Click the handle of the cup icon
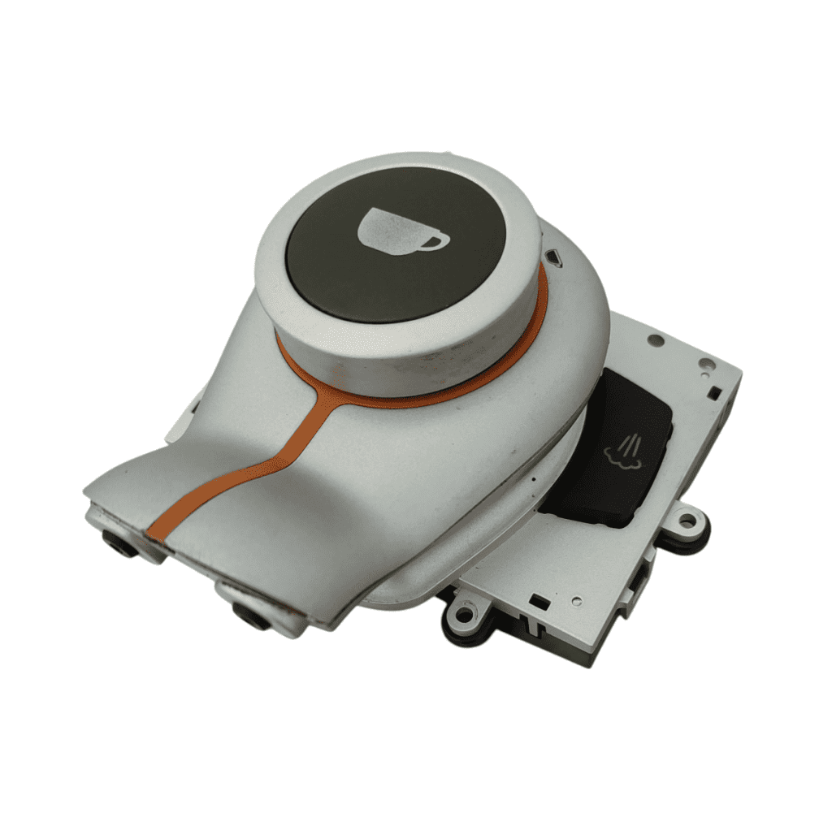pyautogui.click(x=436, y=239)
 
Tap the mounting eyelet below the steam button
pyautogui.click(x=689, y=519)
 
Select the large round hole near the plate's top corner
pyautogui.click(x=655, y=339)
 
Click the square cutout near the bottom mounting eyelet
pyautogui.click(x=537, y=602)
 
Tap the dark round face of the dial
pyautogui.click(x=398, y=244)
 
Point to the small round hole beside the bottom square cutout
pyautogui.click(x=575, y=603)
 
